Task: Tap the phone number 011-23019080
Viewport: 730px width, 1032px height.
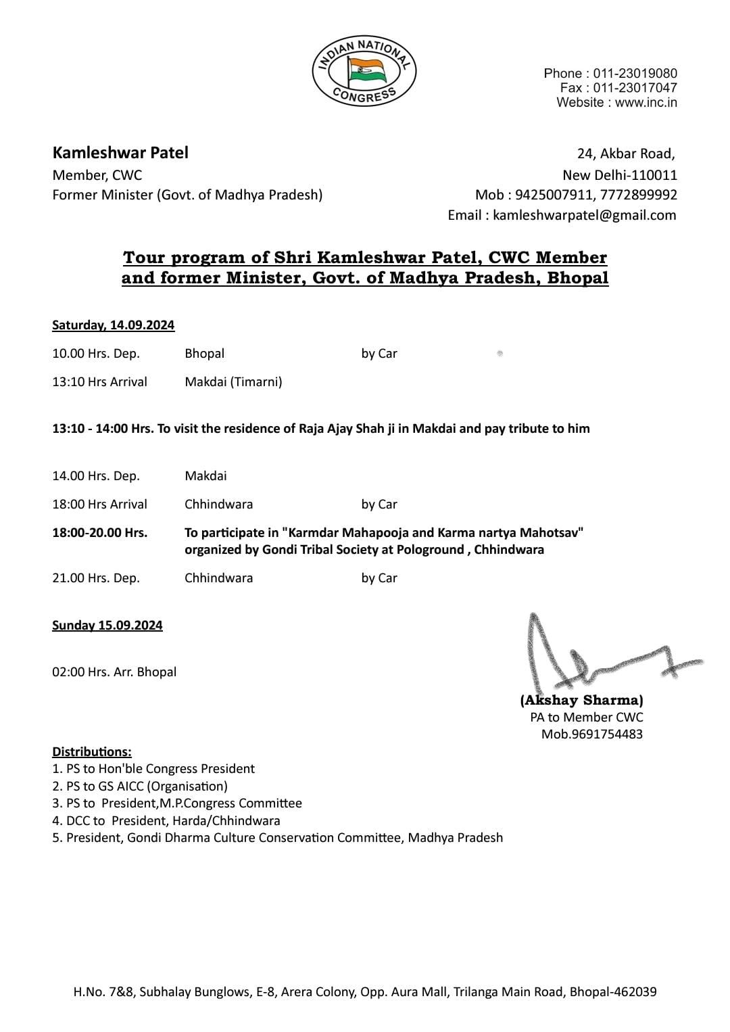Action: coord(635,73)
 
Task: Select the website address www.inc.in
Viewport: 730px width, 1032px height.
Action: coord(646,103)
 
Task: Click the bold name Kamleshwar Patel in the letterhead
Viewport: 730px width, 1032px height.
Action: coord(120,153)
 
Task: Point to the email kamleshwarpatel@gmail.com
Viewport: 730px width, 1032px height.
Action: coord(584,215)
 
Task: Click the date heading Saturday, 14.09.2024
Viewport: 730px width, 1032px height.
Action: coord(113,325)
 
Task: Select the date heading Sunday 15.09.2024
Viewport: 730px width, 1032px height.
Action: coord(107,625)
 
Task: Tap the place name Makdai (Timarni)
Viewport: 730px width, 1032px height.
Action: coord(233,381)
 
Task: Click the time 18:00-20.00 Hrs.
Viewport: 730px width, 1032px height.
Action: coord(99,532)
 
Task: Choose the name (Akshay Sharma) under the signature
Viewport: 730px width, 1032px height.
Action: coord(581,700)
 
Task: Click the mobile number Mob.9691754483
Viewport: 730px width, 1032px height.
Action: coord(592,734)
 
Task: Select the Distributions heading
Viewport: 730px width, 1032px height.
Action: coord(92,751)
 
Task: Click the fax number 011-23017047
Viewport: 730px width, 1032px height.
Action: coord(635,88)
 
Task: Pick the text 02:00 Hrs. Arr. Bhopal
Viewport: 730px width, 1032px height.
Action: coord(114,672)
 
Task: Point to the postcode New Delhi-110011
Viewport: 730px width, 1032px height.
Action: coord(620,175)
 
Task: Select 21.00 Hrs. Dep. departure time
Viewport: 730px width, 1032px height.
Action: coord(96,578)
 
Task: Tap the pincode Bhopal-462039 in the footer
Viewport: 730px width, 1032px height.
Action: coord(613,992)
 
